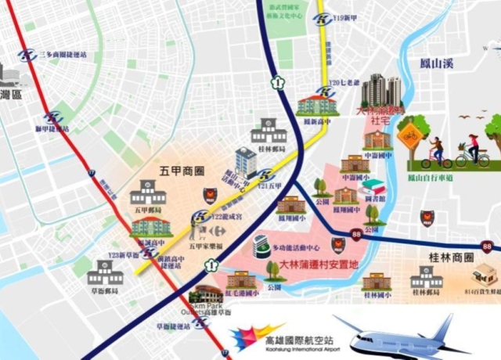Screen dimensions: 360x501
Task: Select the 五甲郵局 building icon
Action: (x=148, y=192)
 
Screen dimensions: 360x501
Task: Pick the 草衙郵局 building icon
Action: (x=105, y=273)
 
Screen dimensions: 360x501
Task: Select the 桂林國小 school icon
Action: (x=377, y=281)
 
